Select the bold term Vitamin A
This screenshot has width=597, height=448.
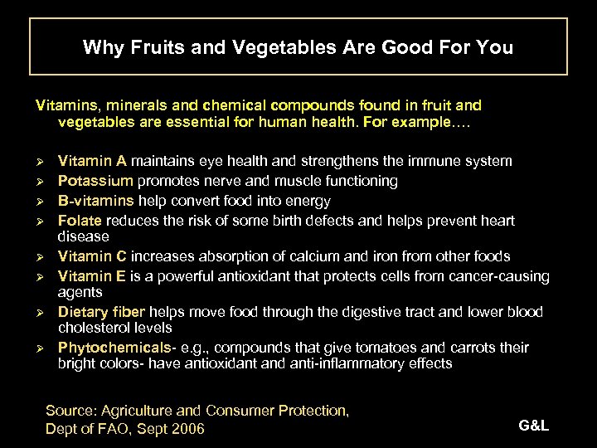click(x=92, y=161)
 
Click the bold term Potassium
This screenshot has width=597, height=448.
click(x=95, y=181)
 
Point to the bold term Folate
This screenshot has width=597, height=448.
click(x=80, y=221)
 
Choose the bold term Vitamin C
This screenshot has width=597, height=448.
click(x=92, y=256)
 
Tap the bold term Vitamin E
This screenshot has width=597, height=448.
click(x=92, y=275)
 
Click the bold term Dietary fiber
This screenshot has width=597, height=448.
click(x=101, y=312)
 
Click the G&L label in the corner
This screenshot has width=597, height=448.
click(x=533, y=426)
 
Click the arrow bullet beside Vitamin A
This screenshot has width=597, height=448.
click(x=40, y=162)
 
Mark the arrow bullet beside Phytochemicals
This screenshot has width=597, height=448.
click(x=40, y=348)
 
